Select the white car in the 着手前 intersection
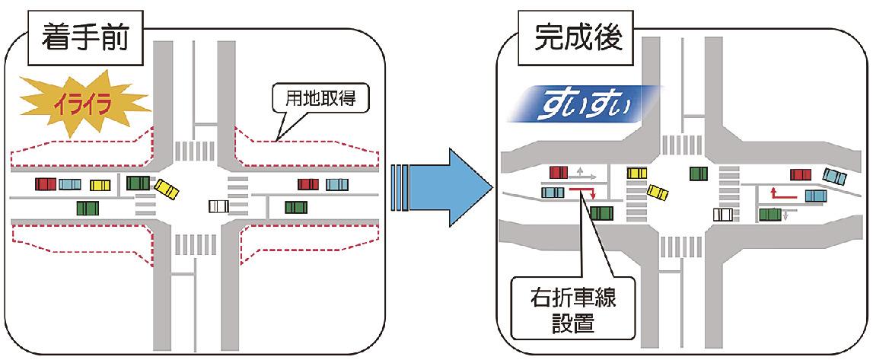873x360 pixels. click(218, 206)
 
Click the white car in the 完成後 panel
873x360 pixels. click(723, 215)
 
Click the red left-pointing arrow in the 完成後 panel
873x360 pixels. click(784, 195)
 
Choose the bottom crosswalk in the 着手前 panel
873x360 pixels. click(186, 245)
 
